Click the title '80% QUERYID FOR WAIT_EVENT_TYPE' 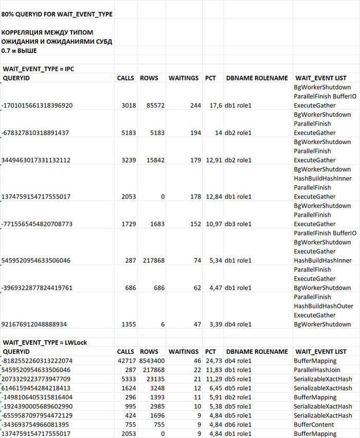57,14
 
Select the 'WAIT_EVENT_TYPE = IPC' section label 40,69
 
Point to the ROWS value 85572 154,106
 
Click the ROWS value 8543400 151,361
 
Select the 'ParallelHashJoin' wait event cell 318,370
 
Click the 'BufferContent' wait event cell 314,425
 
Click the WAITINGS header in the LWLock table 183,352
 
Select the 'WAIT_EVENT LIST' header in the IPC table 320,78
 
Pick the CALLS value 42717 126,361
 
